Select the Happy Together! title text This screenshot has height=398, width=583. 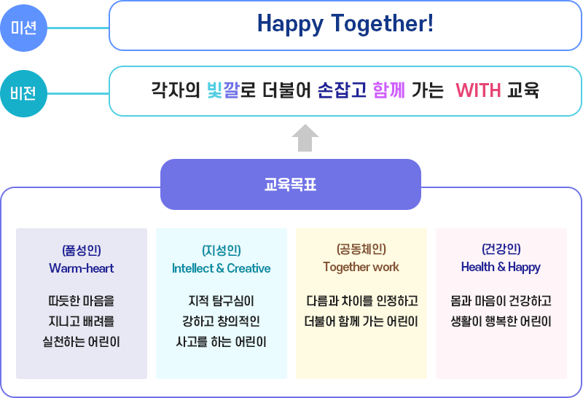coord(345,24)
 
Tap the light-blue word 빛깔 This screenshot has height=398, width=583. coord(223,90)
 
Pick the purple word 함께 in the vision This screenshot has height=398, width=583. coord(388,90)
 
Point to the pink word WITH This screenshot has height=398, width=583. coord(478,90)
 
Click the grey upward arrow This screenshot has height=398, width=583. coord(305,138)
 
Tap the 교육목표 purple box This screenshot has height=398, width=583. coord(290,184)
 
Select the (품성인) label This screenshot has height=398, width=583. coord(82,249)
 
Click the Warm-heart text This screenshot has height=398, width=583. coord(82,268)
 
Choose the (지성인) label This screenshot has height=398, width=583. coord(222,249)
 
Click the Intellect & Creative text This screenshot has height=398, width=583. coord(222,268)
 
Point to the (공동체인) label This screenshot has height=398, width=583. coord(361,249)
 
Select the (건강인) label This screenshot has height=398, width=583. coord(501,249)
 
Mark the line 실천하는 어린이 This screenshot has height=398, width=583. coord(82,341)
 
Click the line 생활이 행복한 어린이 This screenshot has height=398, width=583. coord(501,321)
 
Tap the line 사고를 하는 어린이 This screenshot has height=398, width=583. coord(222,341)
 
